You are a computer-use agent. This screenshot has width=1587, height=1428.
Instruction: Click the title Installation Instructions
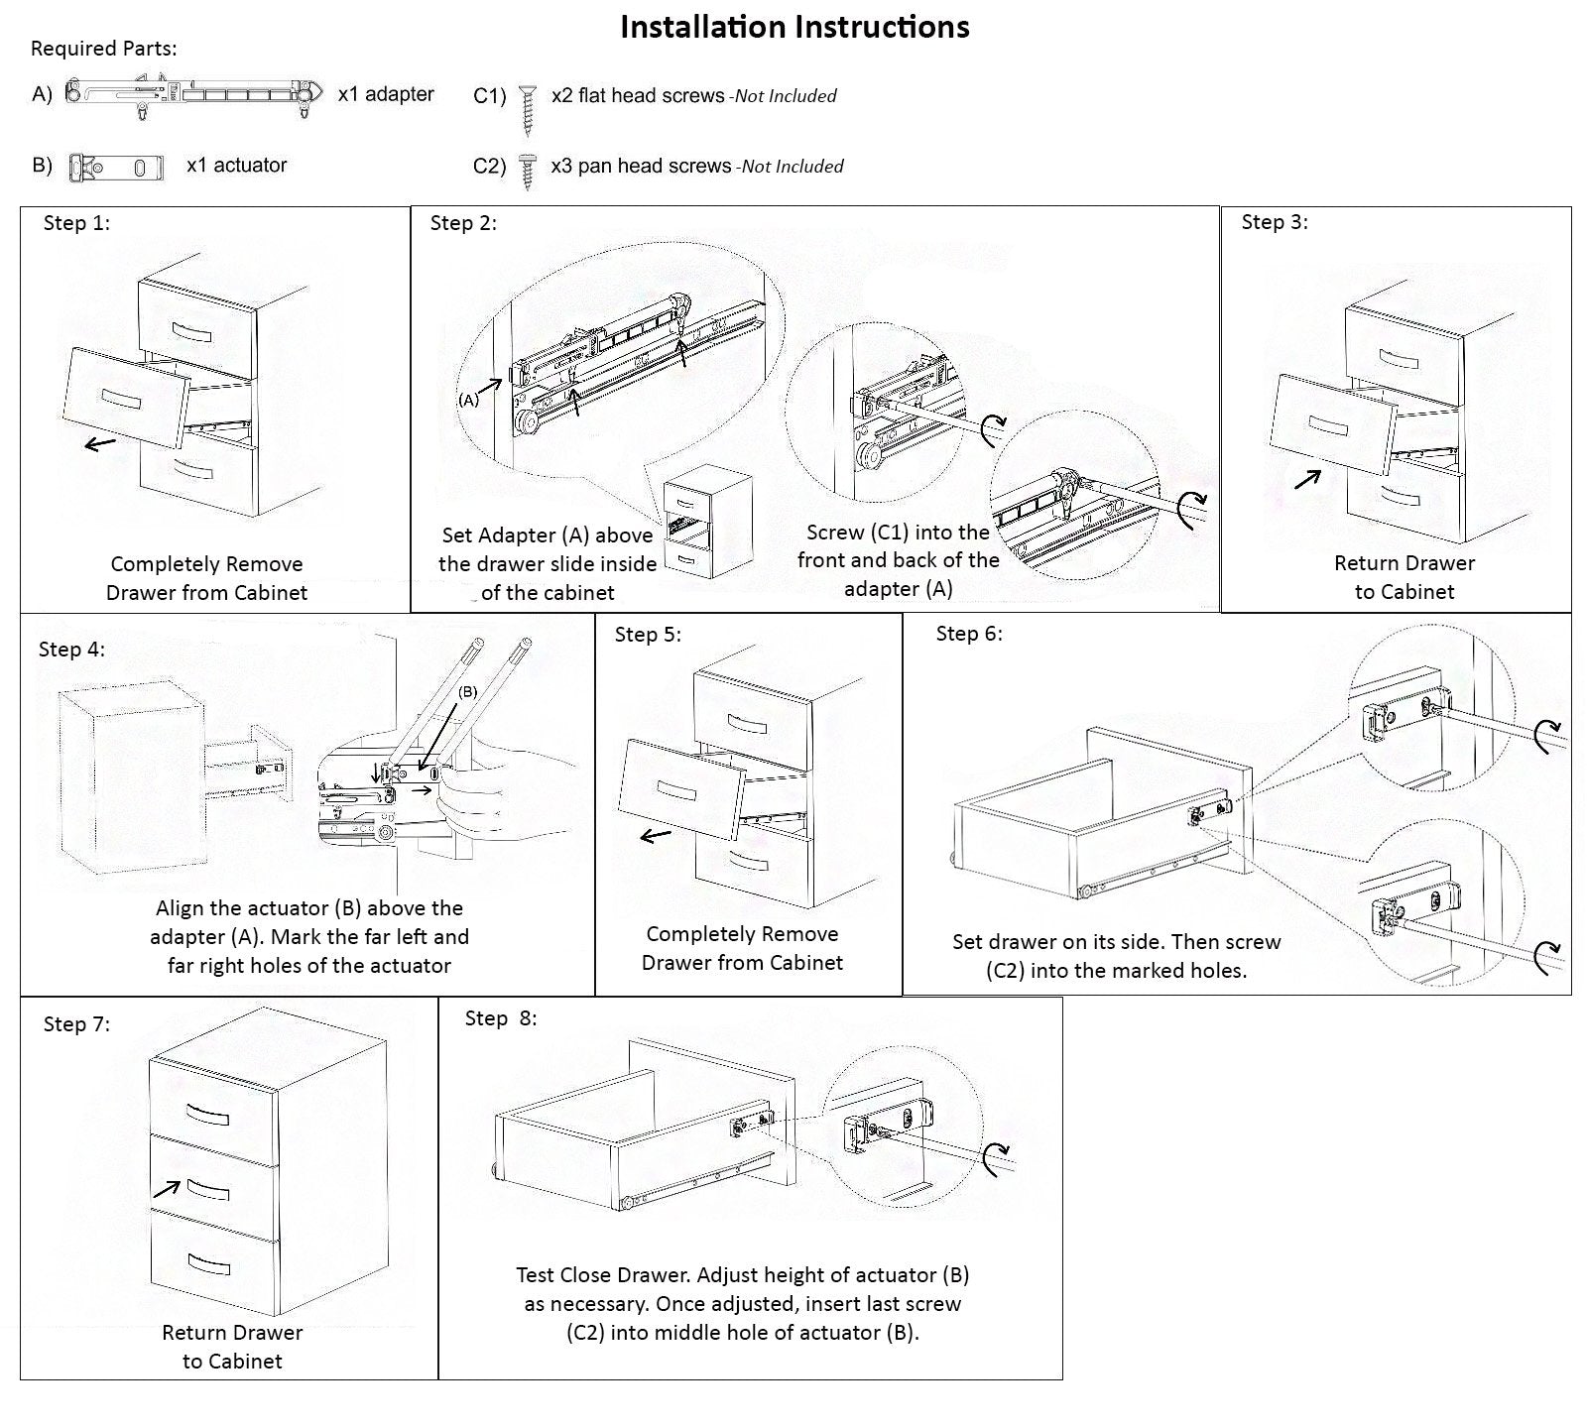click(x=794, y=27)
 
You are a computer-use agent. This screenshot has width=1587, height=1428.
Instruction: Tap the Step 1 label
click(x=76, y=223)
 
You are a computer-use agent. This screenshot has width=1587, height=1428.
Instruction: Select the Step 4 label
click(x=71, y=650)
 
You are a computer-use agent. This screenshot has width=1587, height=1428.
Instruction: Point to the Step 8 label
click(x=501, y=1018)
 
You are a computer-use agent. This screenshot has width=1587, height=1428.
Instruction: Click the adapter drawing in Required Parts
click(x=194, y=95)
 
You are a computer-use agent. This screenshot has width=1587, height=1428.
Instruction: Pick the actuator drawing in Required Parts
click(x=115, y=167)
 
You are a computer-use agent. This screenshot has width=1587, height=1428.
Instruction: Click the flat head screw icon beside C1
click(x=529, y=107)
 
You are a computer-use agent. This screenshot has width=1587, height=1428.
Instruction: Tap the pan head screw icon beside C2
click(x=528, y=170)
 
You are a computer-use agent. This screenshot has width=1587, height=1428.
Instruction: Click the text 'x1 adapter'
click(x=386, y=94)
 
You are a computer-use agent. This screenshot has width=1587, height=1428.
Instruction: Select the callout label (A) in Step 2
click(x=469, y=400)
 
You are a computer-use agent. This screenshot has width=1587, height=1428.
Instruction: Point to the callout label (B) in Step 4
click(x=467, y=691)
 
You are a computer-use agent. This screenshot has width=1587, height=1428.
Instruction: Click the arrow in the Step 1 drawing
click(x=99, y=443)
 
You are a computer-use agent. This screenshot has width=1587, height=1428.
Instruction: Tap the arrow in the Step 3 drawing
click(x=1308, y=479)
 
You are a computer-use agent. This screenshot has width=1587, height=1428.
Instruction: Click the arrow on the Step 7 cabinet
click(x=166, y=1188)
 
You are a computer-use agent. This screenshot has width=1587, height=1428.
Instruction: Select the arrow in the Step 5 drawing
click(x=656, y=836)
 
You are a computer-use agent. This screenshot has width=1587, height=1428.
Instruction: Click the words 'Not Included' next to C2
click(x=792, y=167)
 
